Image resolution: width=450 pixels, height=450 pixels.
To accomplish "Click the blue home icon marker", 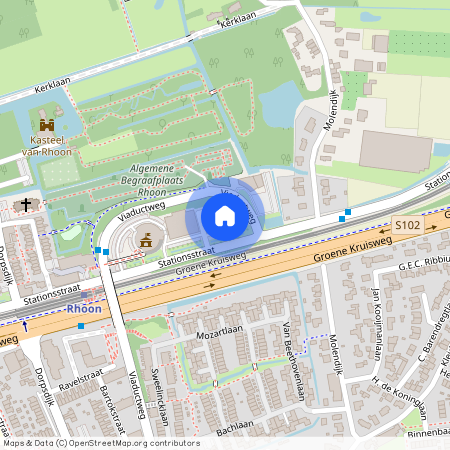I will click(225, 216).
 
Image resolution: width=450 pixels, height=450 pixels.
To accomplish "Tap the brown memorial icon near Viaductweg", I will click(147, 240).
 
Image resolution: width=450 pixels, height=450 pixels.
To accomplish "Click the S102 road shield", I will click(406, 228).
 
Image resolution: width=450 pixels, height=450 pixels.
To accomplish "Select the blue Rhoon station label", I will click(84, 310).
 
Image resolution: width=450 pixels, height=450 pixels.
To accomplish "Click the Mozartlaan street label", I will click(220, 328).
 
